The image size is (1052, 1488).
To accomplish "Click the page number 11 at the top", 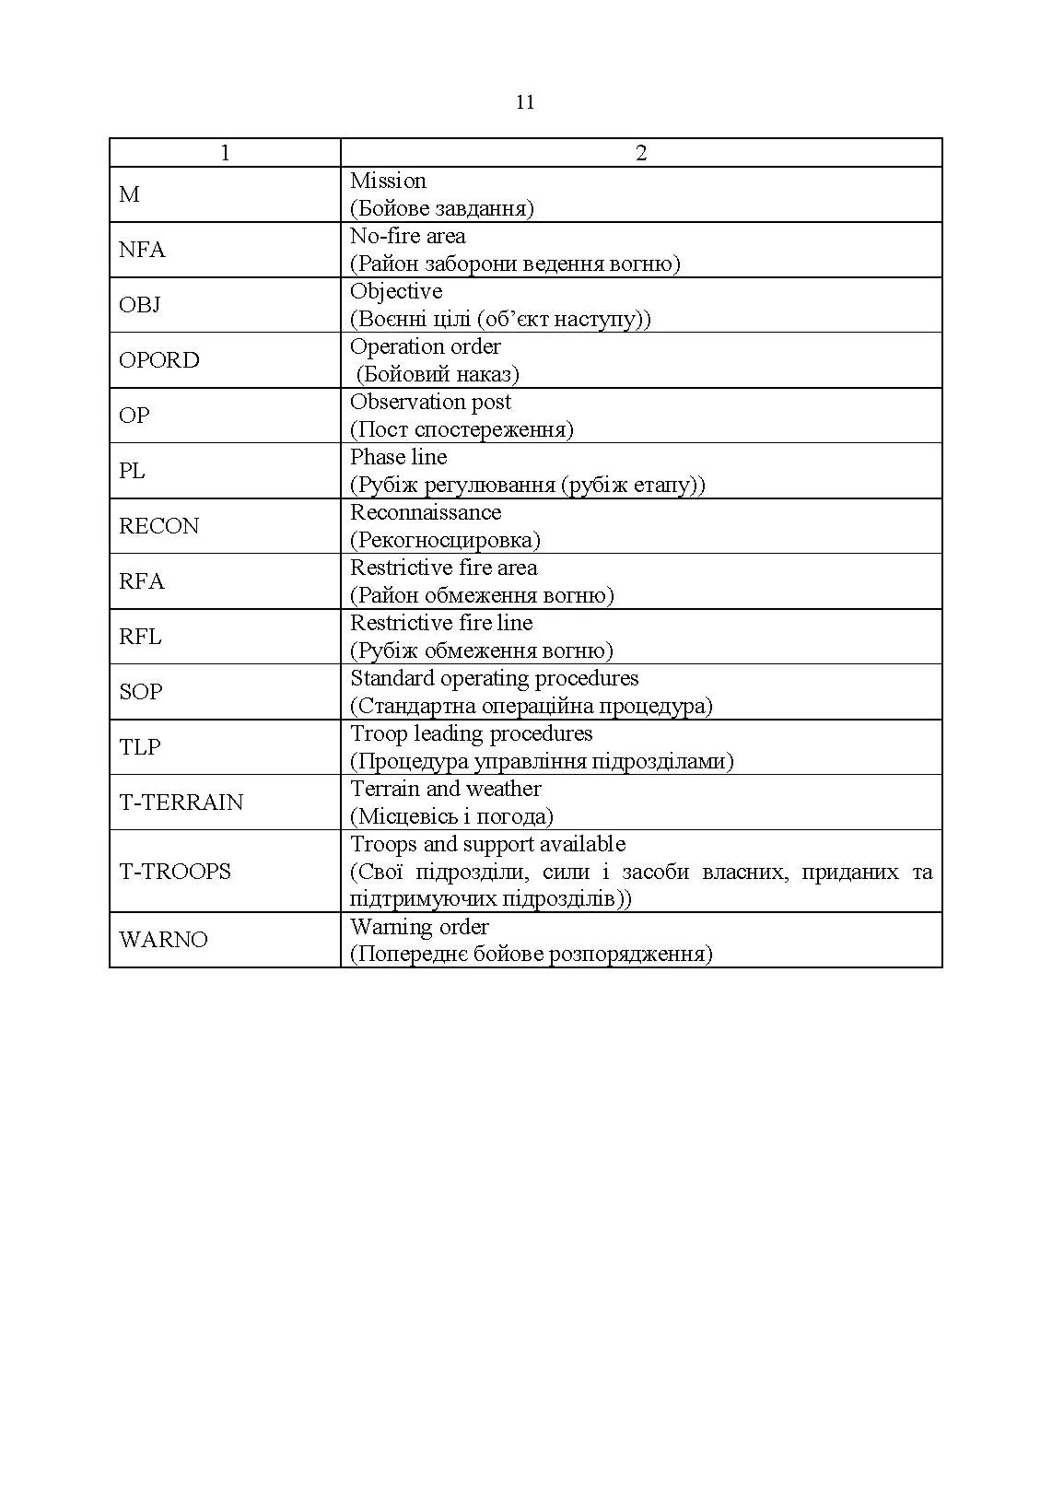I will click(525, 102).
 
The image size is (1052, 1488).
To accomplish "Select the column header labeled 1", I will click(225, 153).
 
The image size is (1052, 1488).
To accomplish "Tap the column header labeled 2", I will click(641, 153).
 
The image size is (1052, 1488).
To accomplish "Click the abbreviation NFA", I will click(142, 250).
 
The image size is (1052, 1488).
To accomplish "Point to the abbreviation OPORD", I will click(158, 360).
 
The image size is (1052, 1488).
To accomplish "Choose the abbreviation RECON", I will click(158, 526).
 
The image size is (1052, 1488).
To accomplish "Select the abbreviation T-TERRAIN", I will click(181, 803).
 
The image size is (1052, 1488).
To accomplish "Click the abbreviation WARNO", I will click(163, 940).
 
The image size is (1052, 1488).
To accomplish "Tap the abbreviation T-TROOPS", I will click(175, 872).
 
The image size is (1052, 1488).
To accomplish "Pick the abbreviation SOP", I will click(140, 692).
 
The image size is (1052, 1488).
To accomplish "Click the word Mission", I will click(388, 181).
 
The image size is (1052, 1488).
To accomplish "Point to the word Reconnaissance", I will click(426, 512).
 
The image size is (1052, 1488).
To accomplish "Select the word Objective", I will click(396, 291).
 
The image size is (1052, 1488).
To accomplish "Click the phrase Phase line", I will click(398, 457).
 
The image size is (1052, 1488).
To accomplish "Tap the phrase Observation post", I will click(430, 402).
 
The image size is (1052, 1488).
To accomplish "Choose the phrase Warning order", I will click(419, 926).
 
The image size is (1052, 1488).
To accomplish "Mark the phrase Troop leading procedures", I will click(472, 733).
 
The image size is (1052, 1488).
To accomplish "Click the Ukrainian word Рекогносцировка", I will click(445, 540).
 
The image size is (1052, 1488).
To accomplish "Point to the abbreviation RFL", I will click(140, 637).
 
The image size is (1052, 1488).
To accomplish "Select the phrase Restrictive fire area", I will click(443, 568).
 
